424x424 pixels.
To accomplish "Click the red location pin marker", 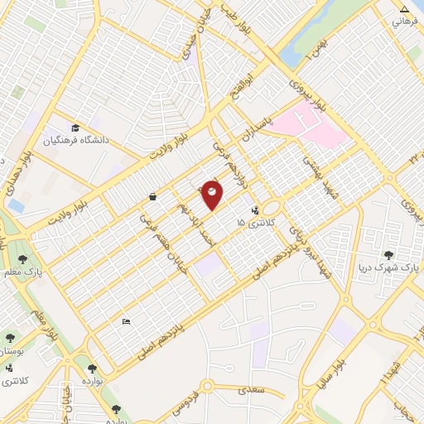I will (213, 194).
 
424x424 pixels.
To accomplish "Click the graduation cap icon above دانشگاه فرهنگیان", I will (76, 128).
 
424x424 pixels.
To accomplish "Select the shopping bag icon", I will (153, 197).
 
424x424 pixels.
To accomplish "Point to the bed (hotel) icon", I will (126, 321).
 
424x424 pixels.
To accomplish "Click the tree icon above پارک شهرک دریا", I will (390, 255).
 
